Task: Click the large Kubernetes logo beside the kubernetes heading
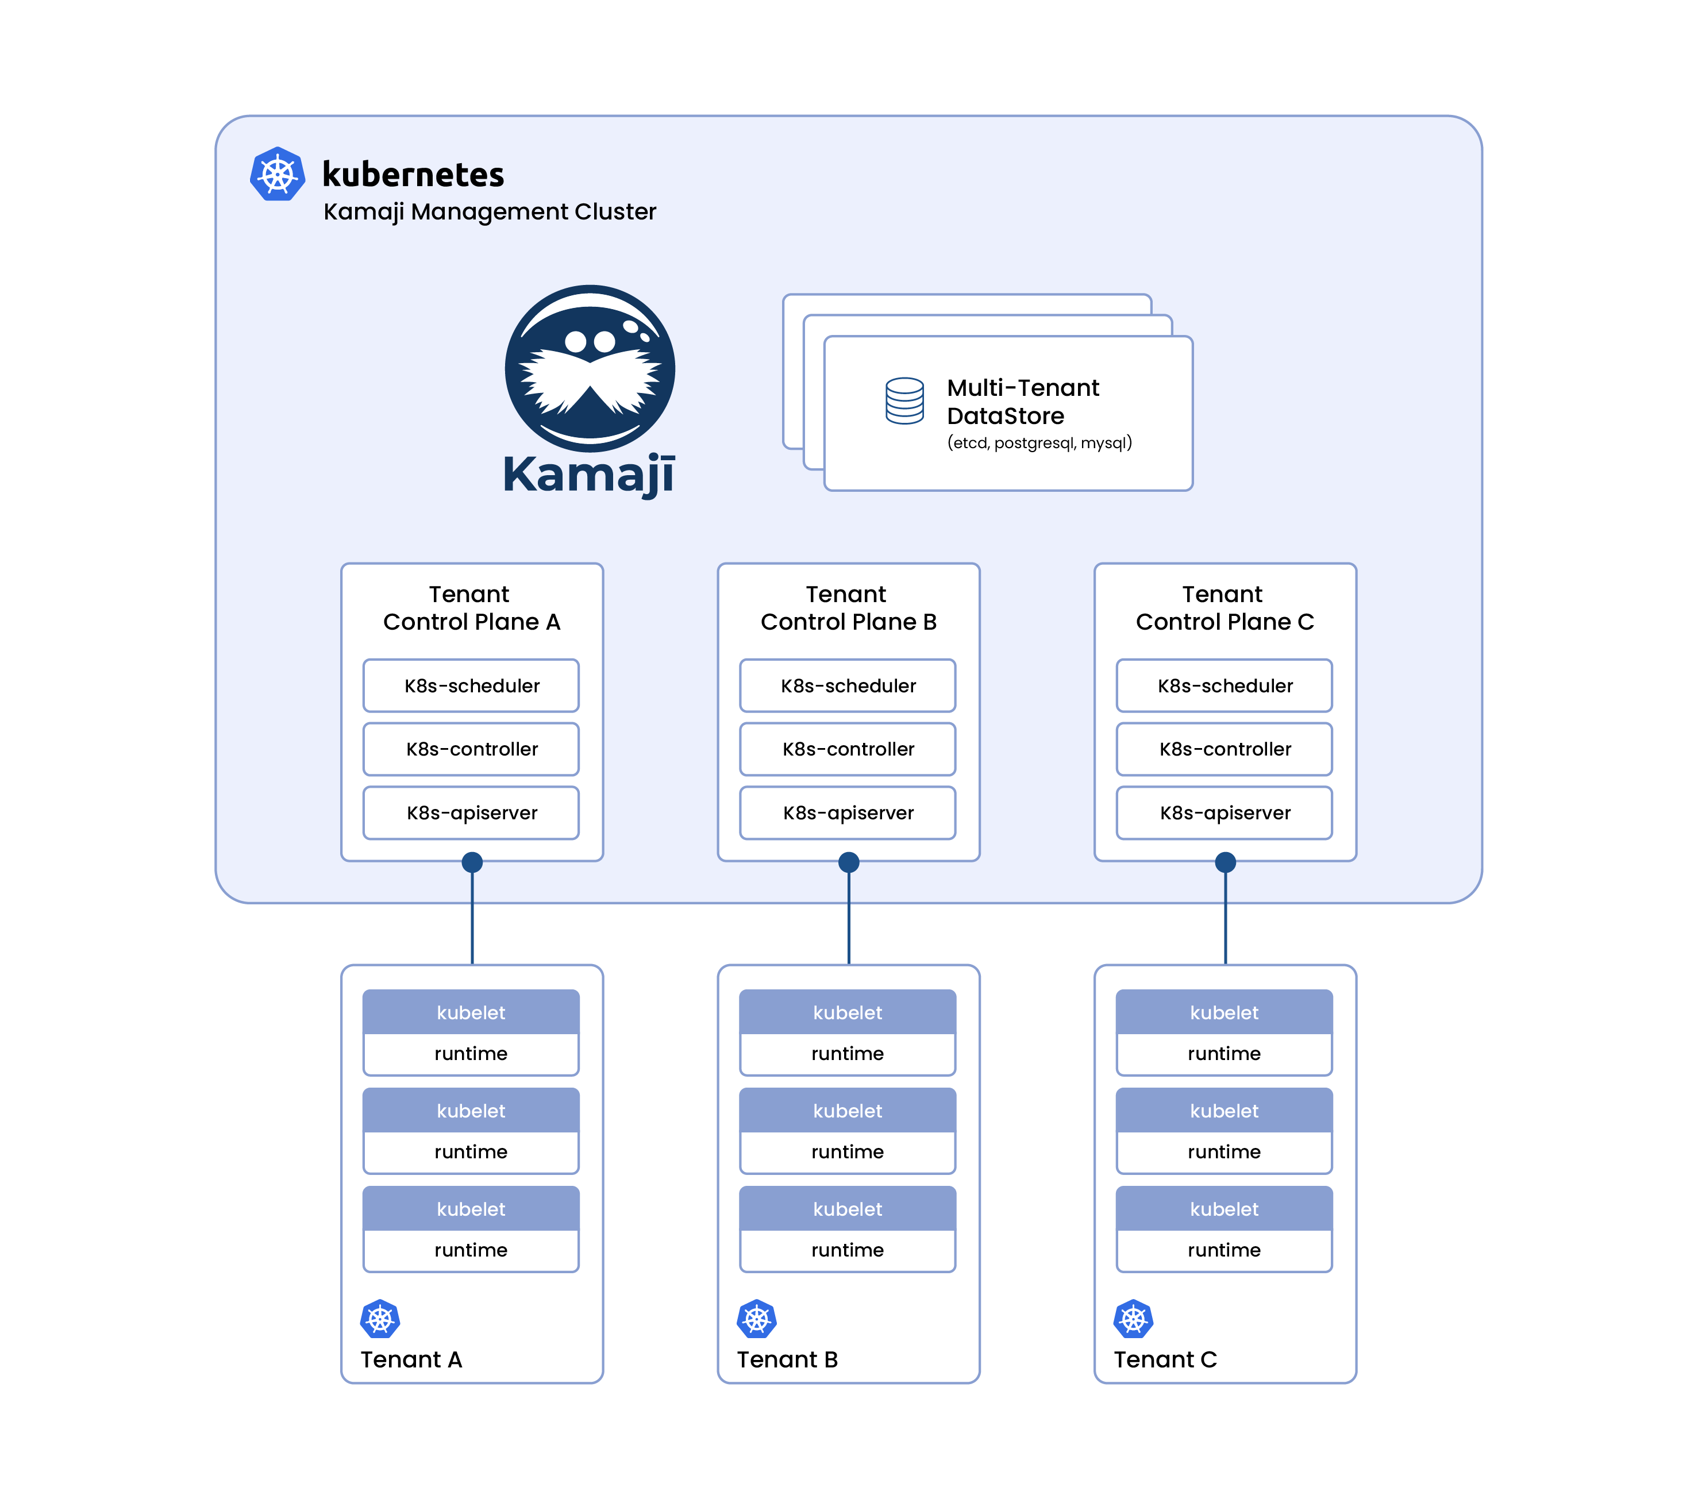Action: pyautogui.click(x=278, y=175)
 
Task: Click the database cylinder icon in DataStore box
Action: pyautogui.click(x=904, y=401)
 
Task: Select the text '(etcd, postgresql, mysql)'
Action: pyautogui.click(x=1039, y=442)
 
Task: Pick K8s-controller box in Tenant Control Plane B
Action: pyautogui.click(x=848, y=749)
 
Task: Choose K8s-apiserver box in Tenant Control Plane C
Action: pyautogui.click(x=1224, y=813)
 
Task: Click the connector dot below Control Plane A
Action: pyautogui.click(x=472, y=862)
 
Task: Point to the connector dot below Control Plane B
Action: pyautogui.click(x=848, y=862)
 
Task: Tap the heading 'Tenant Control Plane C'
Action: pyautogui.click(x=1224, y=608)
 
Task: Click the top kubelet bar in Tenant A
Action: pyautogui.click(x=471, y=1012)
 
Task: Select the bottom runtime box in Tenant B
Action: pyautogui.click(x=848, y=1250)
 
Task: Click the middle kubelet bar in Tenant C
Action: pyautogui.click(x=1224, y=1111)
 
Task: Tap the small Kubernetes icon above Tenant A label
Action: pyautogui.click(x=380, y=1319)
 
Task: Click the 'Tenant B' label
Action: pyautogui.click(x=787, y=1359)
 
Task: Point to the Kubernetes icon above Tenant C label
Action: pyautogui.click(x=1133, y=1319)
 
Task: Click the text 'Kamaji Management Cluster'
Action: pyautogui.click(x=490, y=212)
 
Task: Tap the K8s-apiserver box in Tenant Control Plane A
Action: pyautogui.click(x=471, y=813)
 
